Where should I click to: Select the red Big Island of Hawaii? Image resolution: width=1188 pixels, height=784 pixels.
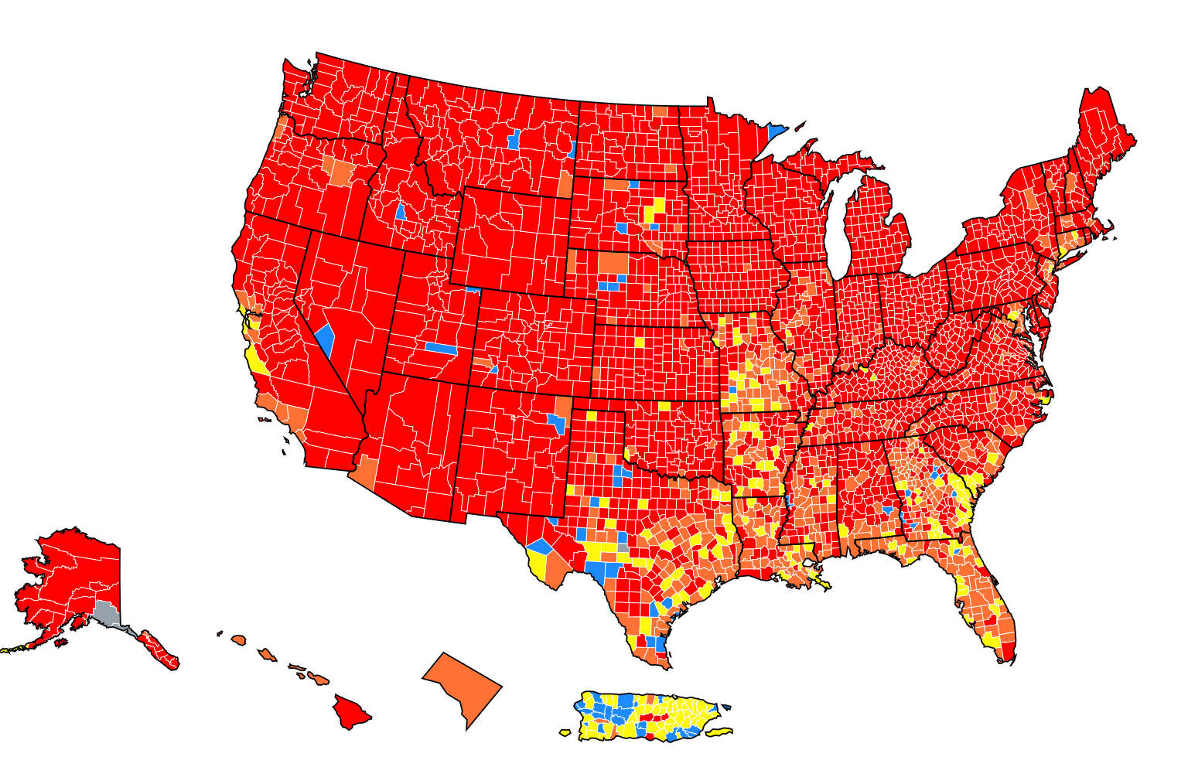pos(350,711)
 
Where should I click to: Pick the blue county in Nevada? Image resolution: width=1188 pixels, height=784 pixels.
pos(326,339)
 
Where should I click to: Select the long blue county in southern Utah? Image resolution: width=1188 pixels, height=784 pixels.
pos(442,348)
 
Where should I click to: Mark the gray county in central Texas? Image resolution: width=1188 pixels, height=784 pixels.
pos(623,547)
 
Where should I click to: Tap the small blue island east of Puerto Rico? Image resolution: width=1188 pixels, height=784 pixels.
pos(727,707)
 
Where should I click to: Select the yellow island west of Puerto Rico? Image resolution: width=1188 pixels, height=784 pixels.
pos(565,731)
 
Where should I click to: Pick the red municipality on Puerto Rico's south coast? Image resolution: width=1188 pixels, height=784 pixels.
pos(649,737)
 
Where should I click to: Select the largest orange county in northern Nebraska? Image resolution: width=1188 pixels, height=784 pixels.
pos(613,264)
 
